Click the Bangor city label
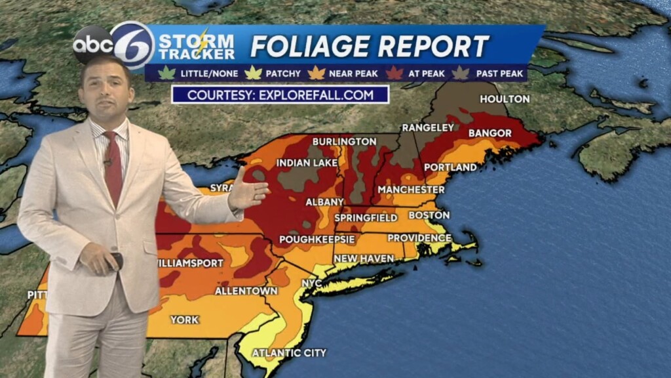[490, 133]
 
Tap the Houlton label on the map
[505, 99]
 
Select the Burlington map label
[344, 142]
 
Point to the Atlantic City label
[289, 353]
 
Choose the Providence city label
[419, 238]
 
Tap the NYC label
[312, 283]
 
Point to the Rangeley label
[428, 127]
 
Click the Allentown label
[246, 291]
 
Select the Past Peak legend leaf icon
[461, 73]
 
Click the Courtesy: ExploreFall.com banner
[280, 94]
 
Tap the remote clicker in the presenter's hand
[117, 261]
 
